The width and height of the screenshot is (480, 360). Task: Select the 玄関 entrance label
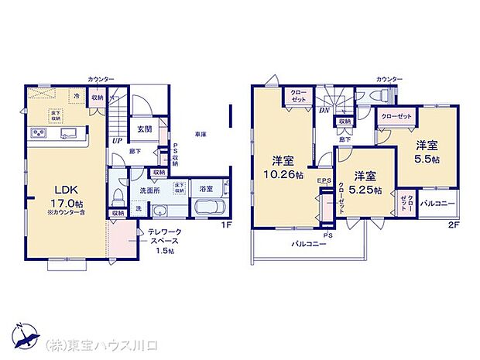(x=145, y=129)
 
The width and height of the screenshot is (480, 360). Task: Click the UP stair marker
(x=116, y=140)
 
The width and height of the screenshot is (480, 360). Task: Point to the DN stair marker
(x=323, y=111)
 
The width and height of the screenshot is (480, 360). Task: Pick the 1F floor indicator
(x=226, y=225)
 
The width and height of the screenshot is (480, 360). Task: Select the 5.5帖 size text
(x=427, y=159)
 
